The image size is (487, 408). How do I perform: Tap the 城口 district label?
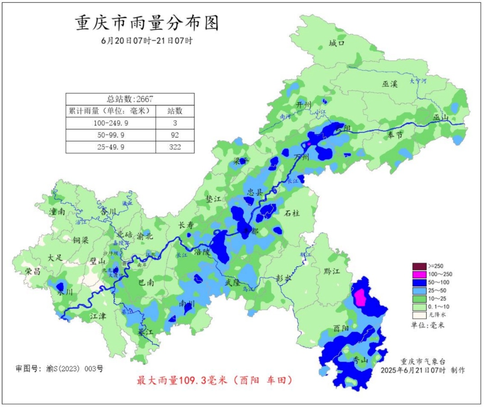pos(336,43)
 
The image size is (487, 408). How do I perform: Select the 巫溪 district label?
pos(390,84)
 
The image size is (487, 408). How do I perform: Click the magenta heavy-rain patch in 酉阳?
pos(360,298)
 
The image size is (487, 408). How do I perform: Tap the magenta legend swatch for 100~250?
pos(419,274)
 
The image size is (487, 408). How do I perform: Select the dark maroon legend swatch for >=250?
pos(419,266)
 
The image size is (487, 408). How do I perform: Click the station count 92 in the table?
pos(175,135)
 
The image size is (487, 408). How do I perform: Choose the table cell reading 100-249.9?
pos(110,123)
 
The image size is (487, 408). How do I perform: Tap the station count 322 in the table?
pos(175,147)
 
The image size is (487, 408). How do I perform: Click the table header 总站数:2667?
pos(130,99)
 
